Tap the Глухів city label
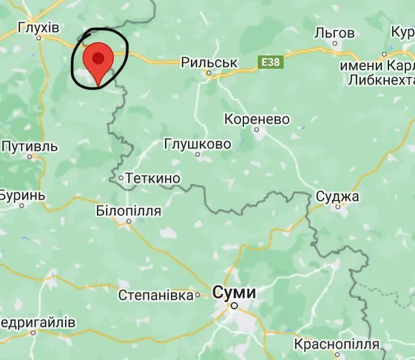click(x=39, y=28)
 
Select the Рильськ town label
click(x=210, y=62)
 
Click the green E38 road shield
click(x=269, y=62)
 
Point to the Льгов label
click(x=334, y=33)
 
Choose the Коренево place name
click(x=257, y=119)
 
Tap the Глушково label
click(x=198, y=144)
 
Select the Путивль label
click(x=30, y=147)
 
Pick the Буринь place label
click(x=22, y=196)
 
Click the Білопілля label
click(x=128, y=210)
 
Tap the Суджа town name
click(x=337, y=197)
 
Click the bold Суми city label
click(x=234, y=293)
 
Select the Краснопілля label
click(x=337, y=344)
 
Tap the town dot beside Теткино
click(x=121, y=178)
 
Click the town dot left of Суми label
click(x=198, y=295)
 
